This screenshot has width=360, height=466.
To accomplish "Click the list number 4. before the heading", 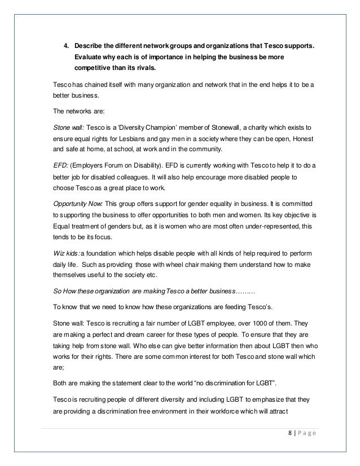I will pyautogui.click(x=65, y=46).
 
